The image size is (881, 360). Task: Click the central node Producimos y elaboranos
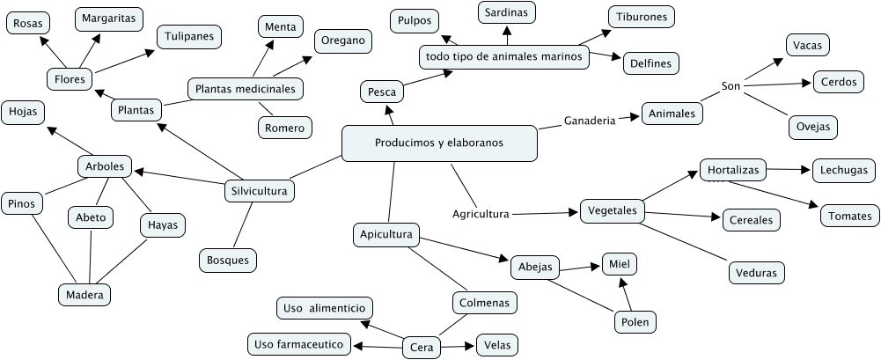coord(438,143)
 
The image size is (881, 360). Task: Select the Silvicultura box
coord(258,190)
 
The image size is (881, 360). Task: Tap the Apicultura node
coord(385,235)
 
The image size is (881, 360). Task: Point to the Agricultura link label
coord(481,213)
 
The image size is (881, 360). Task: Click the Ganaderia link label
coord(589,120)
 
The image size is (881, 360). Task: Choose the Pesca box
coord(381,91)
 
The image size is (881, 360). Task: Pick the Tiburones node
coord(642,17)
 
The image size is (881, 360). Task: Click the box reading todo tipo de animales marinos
coord(503,56)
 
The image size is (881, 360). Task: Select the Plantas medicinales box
coord(246,89)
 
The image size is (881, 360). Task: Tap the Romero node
coord(284,128)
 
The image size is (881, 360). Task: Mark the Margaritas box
coord(108,17)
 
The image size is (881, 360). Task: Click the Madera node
coord(84,295)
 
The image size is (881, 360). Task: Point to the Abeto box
coord(90,216)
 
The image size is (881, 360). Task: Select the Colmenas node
coord(484,303)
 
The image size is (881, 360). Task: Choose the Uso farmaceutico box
coord(299,343)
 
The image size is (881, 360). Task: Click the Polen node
coord(635,322)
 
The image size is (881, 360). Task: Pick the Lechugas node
coord(843,170)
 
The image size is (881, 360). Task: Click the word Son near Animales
coord(730,85)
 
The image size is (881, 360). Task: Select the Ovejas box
coord(811,126)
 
